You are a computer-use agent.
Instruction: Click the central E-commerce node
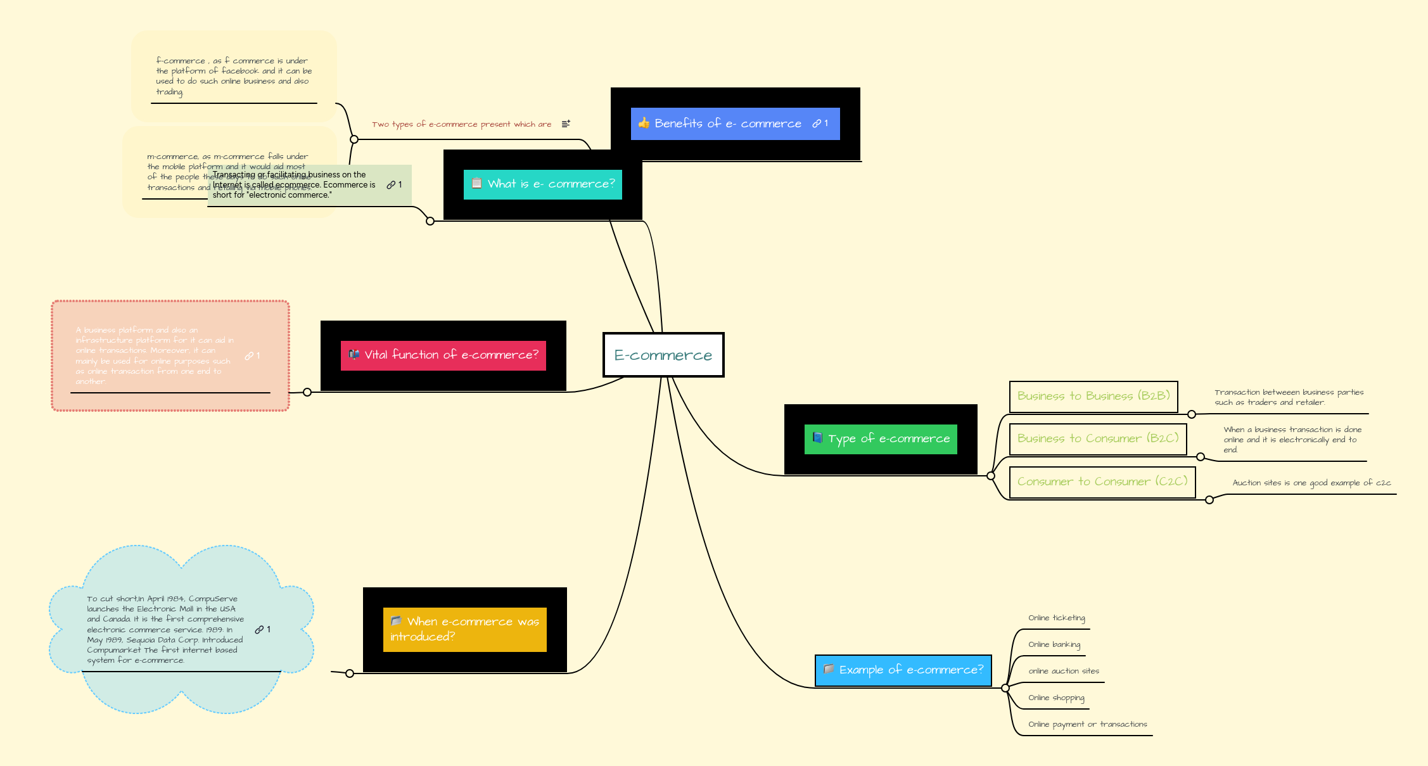tap(663, 355)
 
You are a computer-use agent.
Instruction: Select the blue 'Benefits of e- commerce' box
tap(735, 124)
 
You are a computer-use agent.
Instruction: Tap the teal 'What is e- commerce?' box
tap(543, 184)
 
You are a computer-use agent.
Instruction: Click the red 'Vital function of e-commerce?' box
tap(443, 355)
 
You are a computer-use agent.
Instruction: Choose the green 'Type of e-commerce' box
tap(881, 439)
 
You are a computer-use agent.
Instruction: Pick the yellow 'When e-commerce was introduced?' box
tap(464, 629)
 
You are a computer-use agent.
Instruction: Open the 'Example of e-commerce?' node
tap(903, 670)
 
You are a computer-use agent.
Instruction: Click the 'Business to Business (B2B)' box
tap(1093, 397)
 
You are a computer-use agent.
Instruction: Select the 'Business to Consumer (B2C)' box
tap(1098, 439)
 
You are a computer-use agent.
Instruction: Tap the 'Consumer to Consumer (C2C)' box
tap(1102, 482)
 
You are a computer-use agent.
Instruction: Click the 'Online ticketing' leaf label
tap(1056, 618)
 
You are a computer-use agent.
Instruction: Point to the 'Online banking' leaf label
tap(1054, 644)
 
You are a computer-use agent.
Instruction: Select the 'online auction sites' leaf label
tap(1064, 671)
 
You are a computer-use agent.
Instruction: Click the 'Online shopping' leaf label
tap(1056, 698)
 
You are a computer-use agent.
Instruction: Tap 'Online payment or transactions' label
tap(1087, 724)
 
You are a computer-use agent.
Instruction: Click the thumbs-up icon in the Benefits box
tap(644, 123)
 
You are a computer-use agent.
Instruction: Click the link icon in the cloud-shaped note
tap(259, 630)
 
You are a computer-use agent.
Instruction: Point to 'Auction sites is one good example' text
tap(1311, 483)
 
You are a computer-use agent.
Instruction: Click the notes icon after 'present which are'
tap(566, 124)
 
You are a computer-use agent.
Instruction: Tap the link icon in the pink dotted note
tap(249, 356)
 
